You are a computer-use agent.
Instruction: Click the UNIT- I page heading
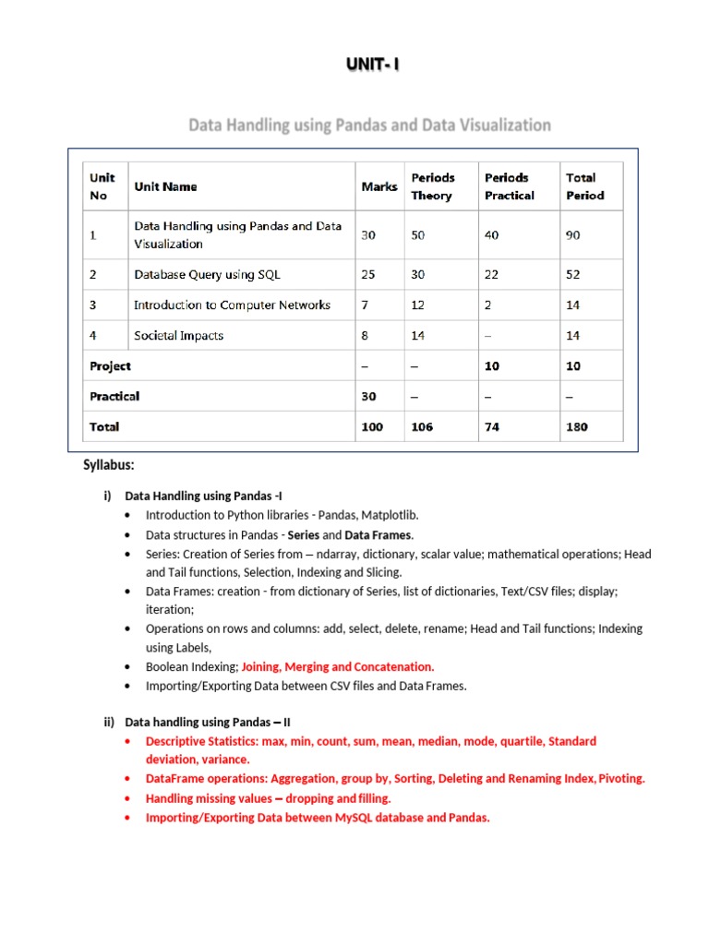click(373, 66)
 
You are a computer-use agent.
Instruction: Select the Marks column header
click(379, 186)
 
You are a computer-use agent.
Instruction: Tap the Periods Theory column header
click(432, 186)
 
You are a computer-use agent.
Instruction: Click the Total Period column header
click(584, 186)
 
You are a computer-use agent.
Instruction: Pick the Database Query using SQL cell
click(207, 274)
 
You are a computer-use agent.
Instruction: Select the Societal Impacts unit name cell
click(178, 336)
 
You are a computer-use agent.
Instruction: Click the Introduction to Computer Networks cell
click(232, 305)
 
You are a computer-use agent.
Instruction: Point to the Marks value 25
click(368, 274)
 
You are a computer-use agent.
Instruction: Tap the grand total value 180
click(576, 426)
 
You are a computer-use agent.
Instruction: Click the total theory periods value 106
click(422, 426)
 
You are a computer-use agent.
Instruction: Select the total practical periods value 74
click(492, 426)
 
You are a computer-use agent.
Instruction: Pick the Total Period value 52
click(573, 274)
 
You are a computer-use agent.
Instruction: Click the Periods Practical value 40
click(492, 235)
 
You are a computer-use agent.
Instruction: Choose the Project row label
click(110, 366)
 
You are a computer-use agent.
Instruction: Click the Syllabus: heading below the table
click(109, 464)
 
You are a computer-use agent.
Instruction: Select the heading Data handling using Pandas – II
click(208, 723)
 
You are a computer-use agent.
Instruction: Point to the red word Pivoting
click(621, 779)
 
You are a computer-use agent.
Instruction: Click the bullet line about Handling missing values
click(268, 798)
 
